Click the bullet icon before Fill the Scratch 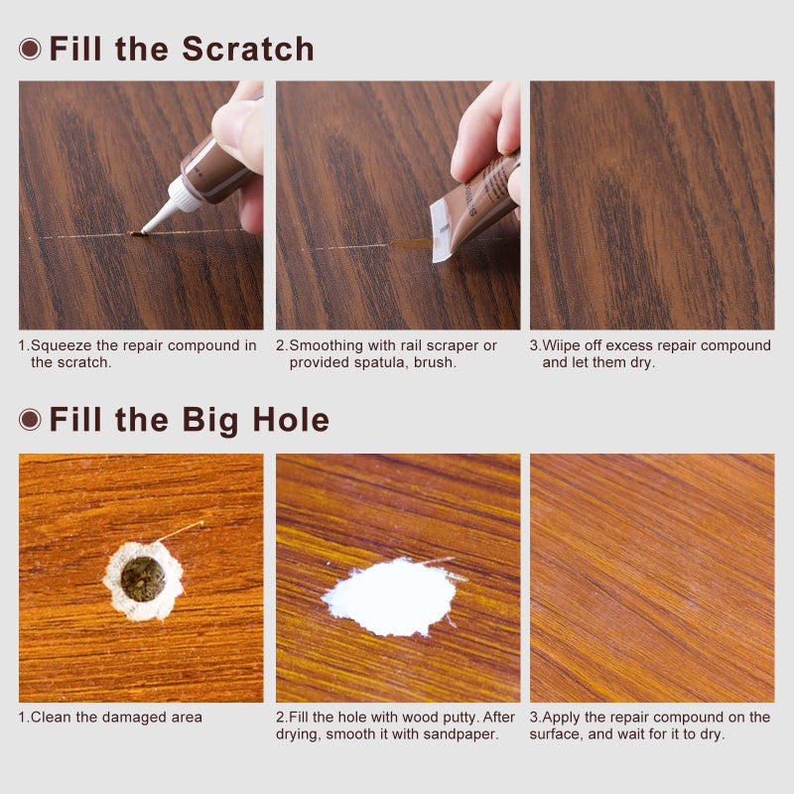pos(30,49)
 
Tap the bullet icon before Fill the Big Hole pos(30,420)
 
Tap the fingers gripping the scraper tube pos(486,134)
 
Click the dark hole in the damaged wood pos(143,578)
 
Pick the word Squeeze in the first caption pos(61,345)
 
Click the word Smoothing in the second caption pos(325,345)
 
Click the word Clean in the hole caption pos(51,717)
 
